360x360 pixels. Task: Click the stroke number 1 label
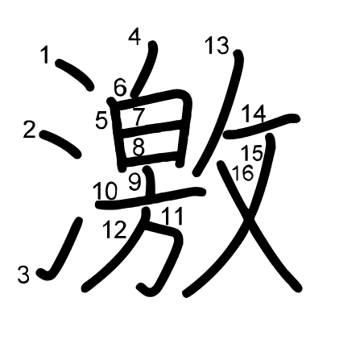tap(46, 55)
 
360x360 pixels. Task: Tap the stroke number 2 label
tap(30, 130)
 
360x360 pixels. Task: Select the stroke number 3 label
tap(23, 275)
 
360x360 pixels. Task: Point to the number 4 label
tap(134, 37)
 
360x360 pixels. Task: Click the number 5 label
tap(101, 120)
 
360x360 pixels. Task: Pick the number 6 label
tap(120, 88)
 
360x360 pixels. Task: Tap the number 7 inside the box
tap(139, 117)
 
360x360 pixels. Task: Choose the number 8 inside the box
tap(139, 147)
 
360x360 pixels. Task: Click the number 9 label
tap(134, 181)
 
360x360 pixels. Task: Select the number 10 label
tap(106, 191)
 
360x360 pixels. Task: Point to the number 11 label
tap(173, 216)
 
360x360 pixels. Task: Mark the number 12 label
tap(114, 230)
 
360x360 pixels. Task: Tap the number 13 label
tap(217, 45)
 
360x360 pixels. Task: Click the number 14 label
tap(254, 114)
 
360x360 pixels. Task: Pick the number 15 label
tap(252, 153)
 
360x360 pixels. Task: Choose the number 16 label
tap(242, 173)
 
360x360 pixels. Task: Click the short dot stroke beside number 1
tap(75, 74)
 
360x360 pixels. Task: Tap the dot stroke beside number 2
tap(60, 143)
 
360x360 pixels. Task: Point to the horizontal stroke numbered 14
tap(262, 126)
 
